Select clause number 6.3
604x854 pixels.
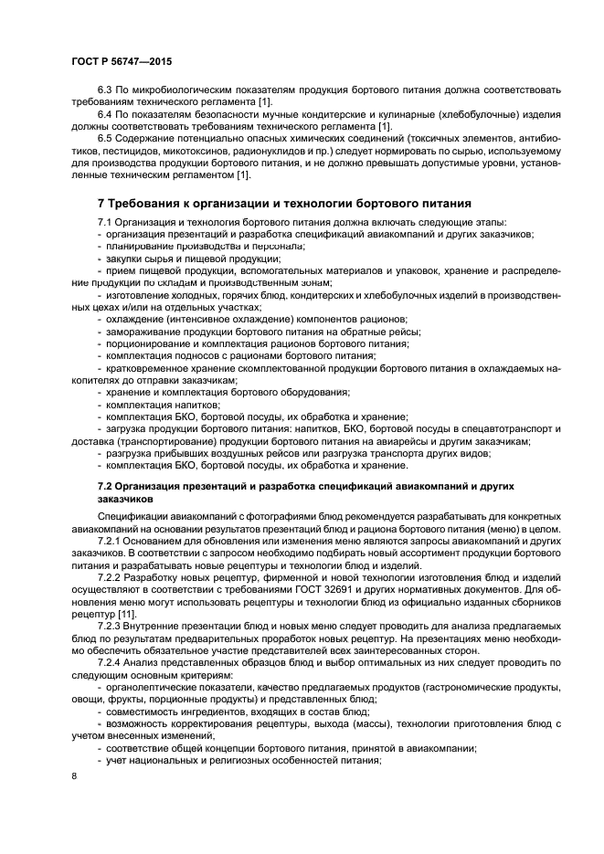click(x=106, y=90)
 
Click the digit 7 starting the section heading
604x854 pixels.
click(x=101, y=203)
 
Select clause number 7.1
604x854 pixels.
click(x=106, y=223)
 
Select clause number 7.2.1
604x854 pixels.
click(x=111, y=541)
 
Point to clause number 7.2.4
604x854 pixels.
click(x=111, y=661)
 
